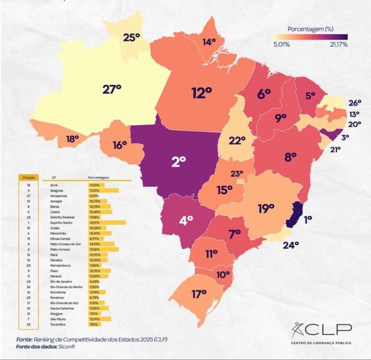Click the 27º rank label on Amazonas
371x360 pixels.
pos(112,90)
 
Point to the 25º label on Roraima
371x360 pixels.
pos(131,38)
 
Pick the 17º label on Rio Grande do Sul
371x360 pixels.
pos(199,294)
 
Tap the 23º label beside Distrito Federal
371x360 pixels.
pos(237,173)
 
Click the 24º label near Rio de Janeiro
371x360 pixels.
pos(291,245)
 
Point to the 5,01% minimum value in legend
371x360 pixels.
pos(281,45)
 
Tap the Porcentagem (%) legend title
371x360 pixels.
pos(310,29)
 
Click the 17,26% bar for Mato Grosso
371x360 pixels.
pos(104,249)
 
